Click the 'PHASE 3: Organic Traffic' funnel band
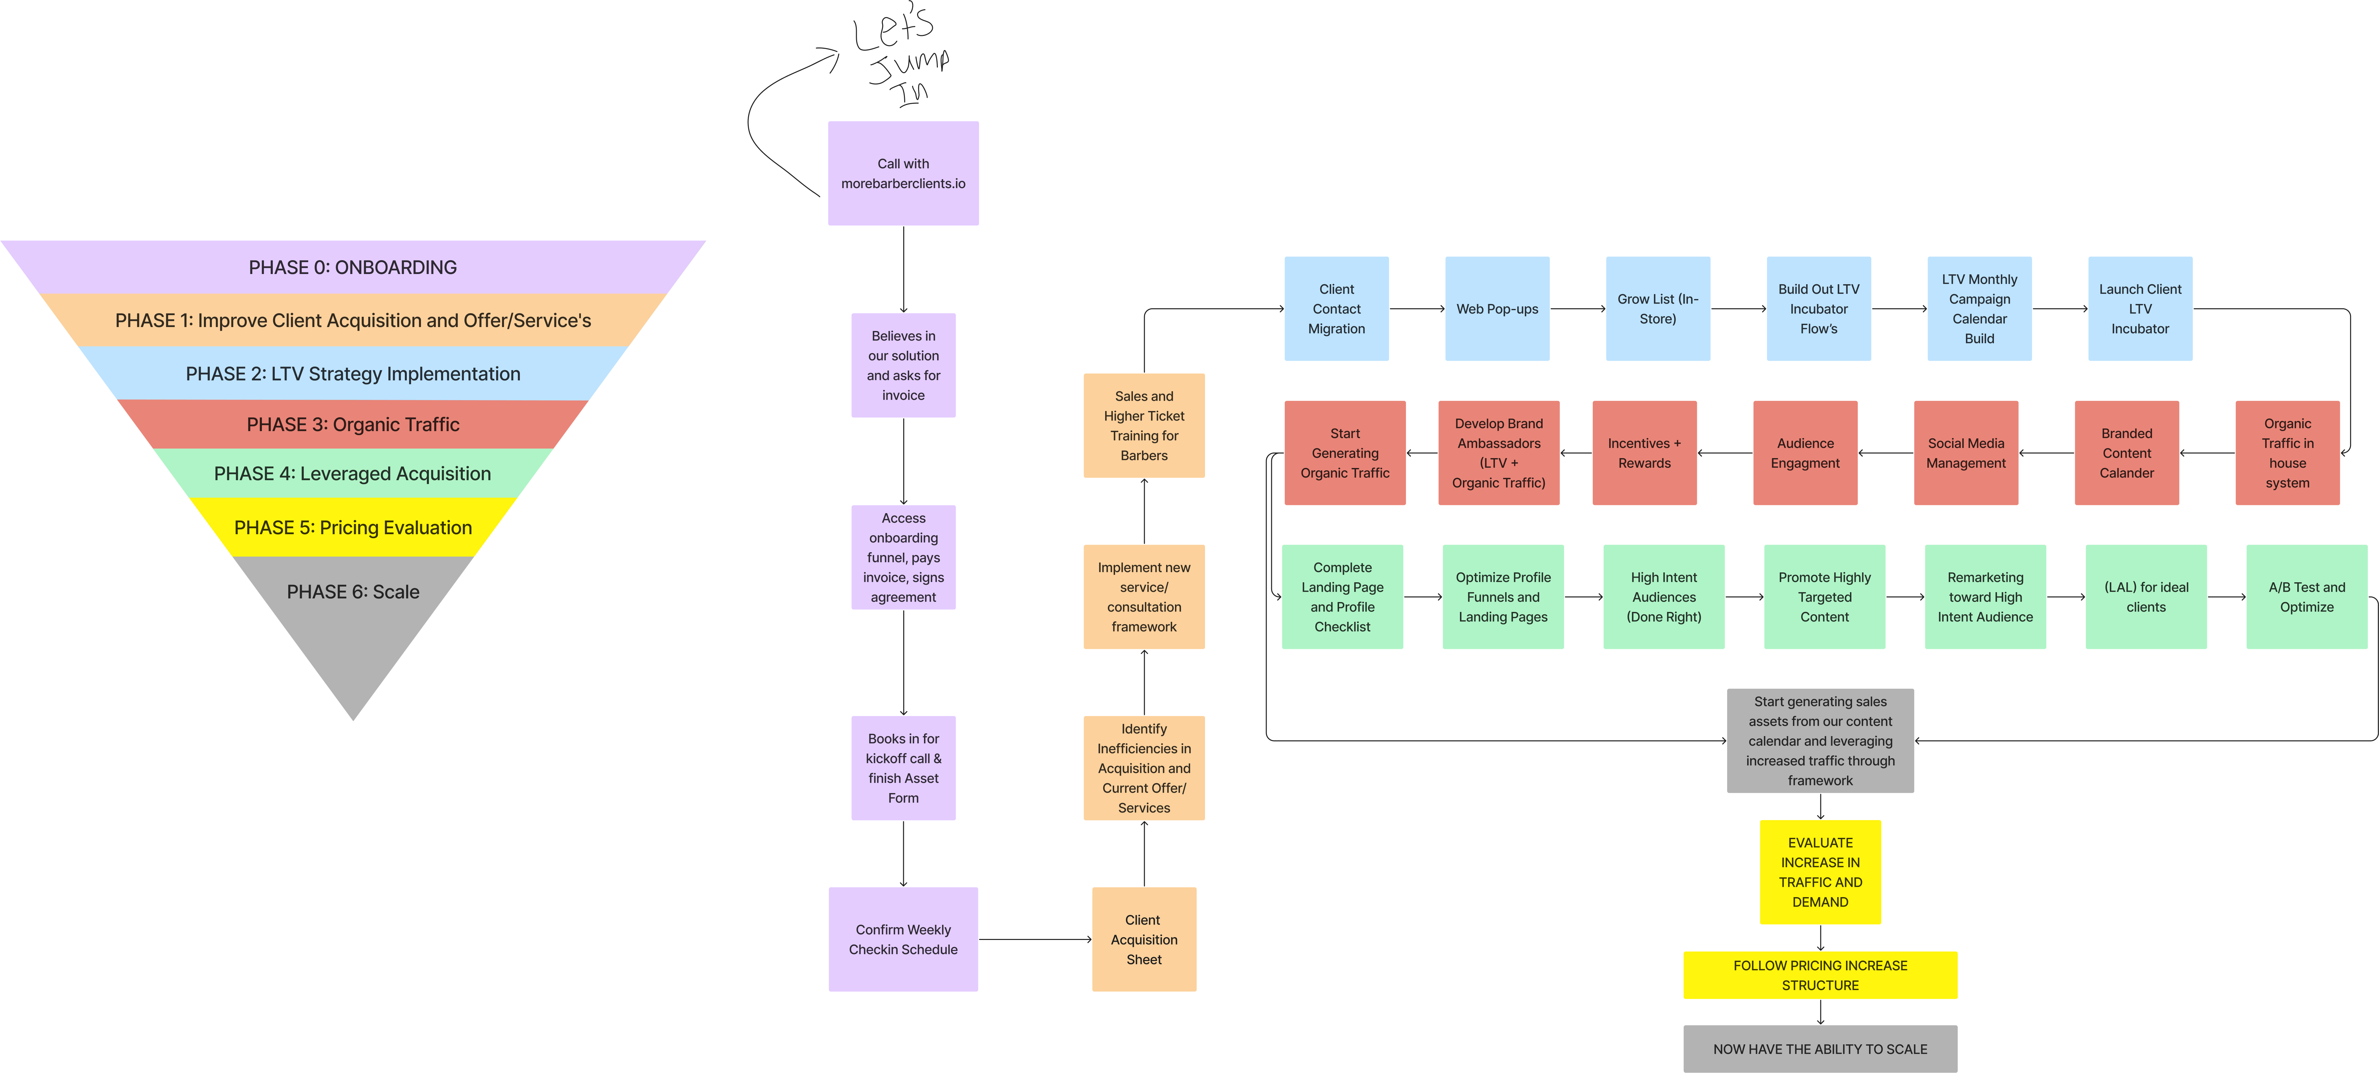coord(353,425)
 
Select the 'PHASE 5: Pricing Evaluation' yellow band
coord(353,527)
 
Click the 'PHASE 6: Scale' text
coord(353,592)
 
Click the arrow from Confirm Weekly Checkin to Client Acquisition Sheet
coord(1034,939)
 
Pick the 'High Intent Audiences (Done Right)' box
coord(1663,596)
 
